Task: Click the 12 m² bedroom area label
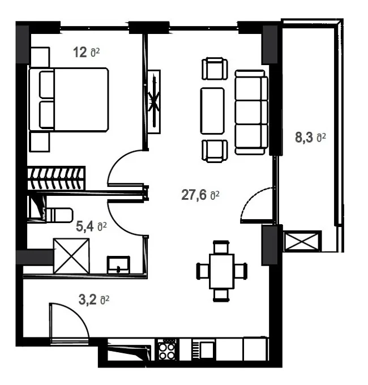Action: point(87,52)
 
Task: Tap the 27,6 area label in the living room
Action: point(200,195)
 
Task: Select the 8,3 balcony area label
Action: point(310,137)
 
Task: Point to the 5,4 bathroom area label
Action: point(91,226)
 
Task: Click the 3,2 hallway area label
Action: point(94,300)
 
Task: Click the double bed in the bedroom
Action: point(69,100)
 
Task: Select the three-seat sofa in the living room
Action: point(251,112)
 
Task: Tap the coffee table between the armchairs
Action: point(212,111)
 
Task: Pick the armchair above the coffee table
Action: point(215,69)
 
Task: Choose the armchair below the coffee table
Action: point(215,151)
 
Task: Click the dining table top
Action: point(221,271)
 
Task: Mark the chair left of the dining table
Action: point(203,271)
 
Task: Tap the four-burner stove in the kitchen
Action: point(167,350)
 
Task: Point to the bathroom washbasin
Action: point(118,265)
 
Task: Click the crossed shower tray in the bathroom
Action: point(71,256)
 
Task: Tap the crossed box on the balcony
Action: point(302,241)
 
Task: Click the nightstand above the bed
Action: point(40,57)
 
